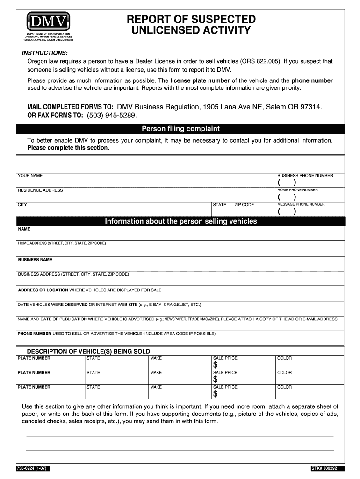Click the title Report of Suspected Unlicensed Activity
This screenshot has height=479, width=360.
click(191, 25)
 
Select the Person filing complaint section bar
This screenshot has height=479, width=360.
click(180, 129)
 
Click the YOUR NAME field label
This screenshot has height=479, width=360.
click(30, 176)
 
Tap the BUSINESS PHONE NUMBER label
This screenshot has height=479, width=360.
click(305, 176)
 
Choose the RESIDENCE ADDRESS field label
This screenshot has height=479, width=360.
click(40, 190)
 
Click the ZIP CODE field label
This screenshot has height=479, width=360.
click(244, 205)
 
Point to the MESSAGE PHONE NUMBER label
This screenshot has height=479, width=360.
click(301, 204)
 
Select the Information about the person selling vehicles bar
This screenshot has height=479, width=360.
click(180, 221)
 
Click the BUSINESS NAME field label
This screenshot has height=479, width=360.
click(35, 260)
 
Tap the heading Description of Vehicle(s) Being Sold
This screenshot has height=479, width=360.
click(88, 351)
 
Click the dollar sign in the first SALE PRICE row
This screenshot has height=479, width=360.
click(216, 365)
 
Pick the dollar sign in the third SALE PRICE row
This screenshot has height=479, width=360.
click(216, 394)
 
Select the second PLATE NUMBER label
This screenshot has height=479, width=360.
click(34, 373)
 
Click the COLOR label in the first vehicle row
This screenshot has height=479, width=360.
click(284, 358)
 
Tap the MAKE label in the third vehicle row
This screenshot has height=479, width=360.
click(156, 387)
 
